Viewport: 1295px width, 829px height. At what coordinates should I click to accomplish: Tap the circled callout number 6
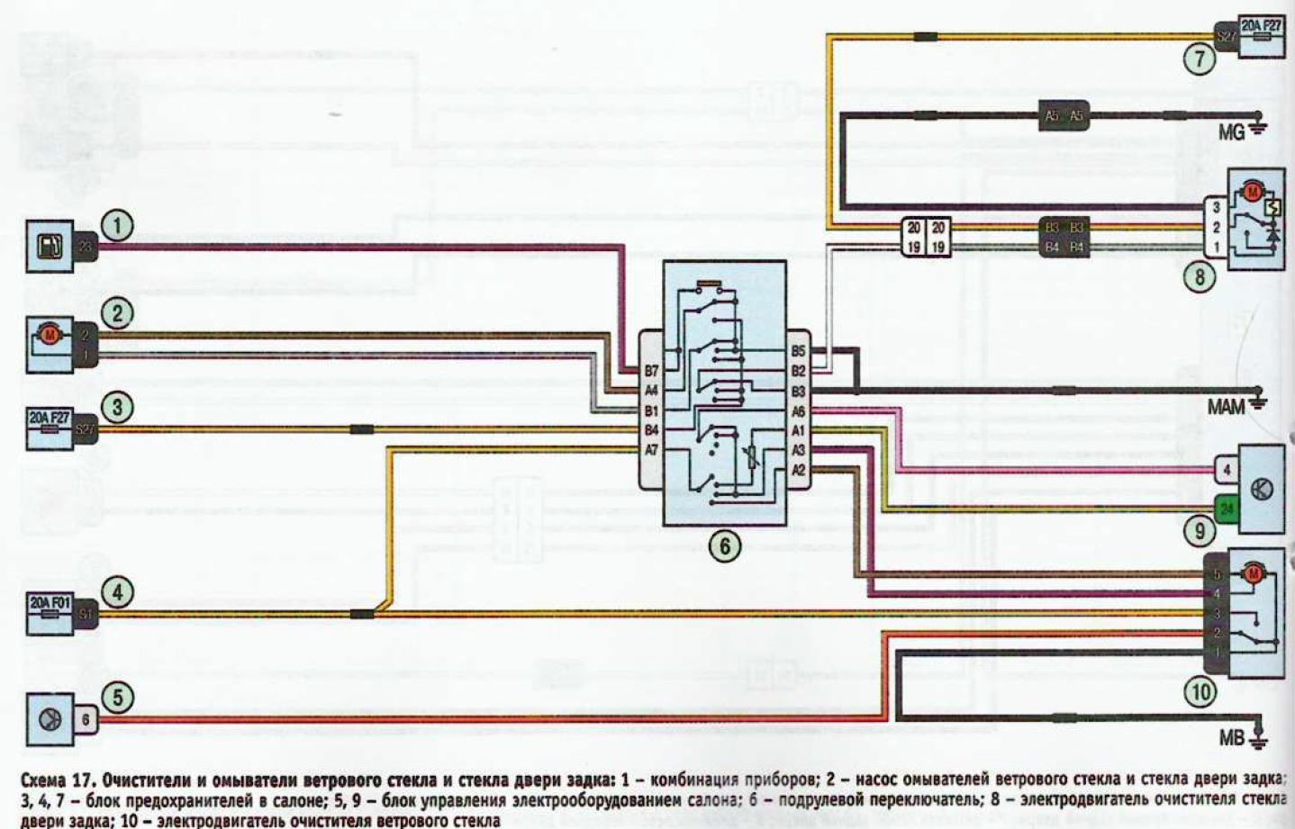point(725,545)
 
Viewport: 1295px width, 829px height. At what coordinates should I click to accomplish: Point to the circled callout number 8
point(1199,276)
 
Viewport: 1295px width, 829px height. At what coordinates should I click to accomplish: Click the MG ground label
point(1231,132)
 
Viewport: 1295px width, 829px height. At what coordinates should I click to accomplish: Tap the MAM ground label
point(1226,408)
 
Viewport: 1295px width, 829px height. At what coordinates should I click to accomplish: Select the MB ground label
point(1231,738)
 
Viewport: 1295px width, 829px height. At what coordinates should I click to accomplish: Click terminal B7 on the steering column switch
point(651,371)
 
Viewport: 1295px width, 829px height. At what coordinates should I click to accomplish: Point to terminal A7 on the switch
point(651,450)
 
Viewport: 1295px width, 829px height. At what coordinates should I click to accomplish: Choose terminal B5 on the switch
point(798,351)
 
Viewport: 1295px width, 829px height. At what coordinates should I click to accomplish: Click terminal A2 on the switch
point(798,470)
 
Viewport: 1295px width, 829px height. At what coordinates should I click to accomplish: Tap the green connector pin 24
point(1226,509)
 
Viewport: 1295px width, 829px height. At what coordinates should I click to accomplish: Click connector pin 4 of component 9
point(1226,470)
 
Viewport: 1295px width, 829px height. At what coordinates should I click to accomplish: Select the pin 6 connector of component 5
point(86,719)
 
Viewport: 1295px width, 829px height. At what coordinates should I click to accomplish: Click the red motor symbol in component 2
point(51,336)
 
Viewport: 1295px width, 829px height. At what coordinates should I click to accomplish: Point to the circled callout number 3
point(117,407)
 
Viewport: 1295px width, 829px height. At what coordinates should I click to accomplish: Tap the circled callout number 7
point(1199,59)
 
